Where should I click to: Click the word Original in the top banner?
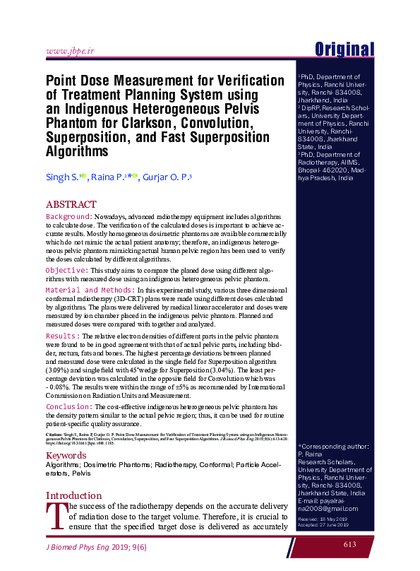click(344, 49)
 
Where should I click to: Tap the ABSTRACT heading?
click(71, 204)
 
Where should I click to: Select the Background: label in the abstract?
click(68, 216)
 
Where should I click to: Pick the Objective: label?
click(66, 270)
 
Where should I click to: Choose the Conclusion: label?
click(69, 408)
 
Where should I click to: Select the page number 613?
click(350, 543)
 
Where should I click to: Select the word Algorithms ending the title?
click(76, 151)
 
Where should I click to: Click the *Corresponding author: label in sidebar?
click(333, 447)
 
